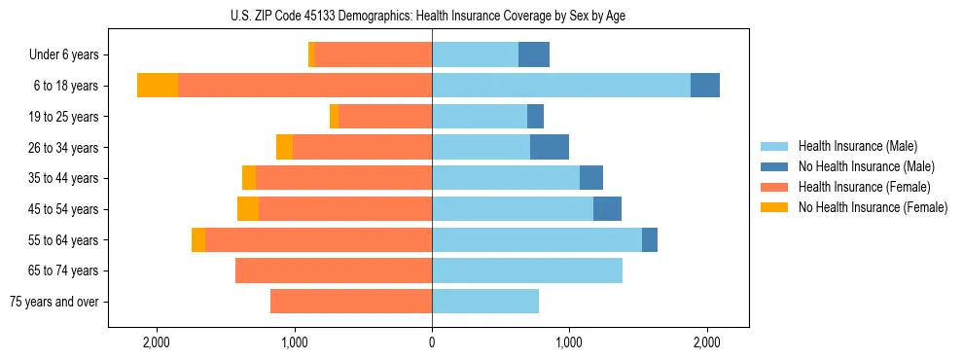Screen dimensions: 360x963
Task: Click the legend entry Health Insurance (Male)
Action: click(x=857, y=146)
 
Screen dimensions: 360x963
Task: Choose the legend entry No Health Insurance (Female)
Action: click(x=873, y=207)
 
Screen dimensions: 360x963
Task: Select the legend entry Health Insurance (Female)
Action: click(x=865, y=187)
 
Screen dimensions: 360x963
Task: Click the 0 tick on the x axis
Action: click(x=432, y=342)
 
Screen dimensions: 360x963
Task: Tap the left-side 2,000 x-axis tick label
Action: click(x=157, y=342)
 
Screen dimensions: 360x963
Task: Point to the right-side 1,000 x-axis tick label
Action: click(x=569, y=342)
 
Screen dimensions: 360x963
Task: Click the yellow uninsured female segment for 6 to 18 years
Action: click(x=158, y=86)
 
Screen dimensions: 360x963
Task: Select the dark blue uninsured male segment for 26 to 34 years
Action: click(x=550, y=147)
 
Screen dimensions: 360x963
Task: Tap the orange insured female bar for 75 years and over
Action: click(x=351, y=302)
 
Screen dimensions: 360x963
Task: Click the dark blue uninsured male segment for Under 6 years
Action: click(x=534, y=55)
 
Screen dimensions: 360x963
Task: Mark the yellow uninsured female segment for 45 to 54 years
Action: click(x=248, y=209)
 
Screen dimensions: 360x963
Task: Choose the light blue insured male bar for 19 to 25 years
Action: click(x=480, y=117)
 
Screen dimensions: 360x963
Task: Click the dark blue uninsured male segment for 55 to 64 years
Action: click(x=650, y=239)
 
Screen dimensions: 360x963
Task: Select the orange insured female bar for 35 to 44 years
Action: click(x=344, y=178)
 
